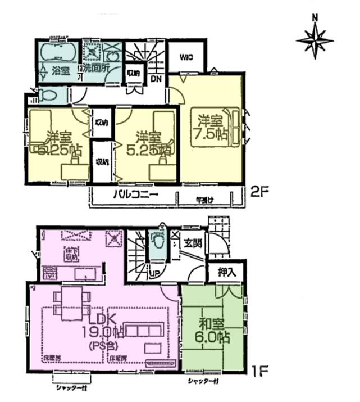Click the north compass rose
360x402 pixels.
pos(315,39)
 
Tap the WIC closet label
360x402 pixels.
pos(186,57)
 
